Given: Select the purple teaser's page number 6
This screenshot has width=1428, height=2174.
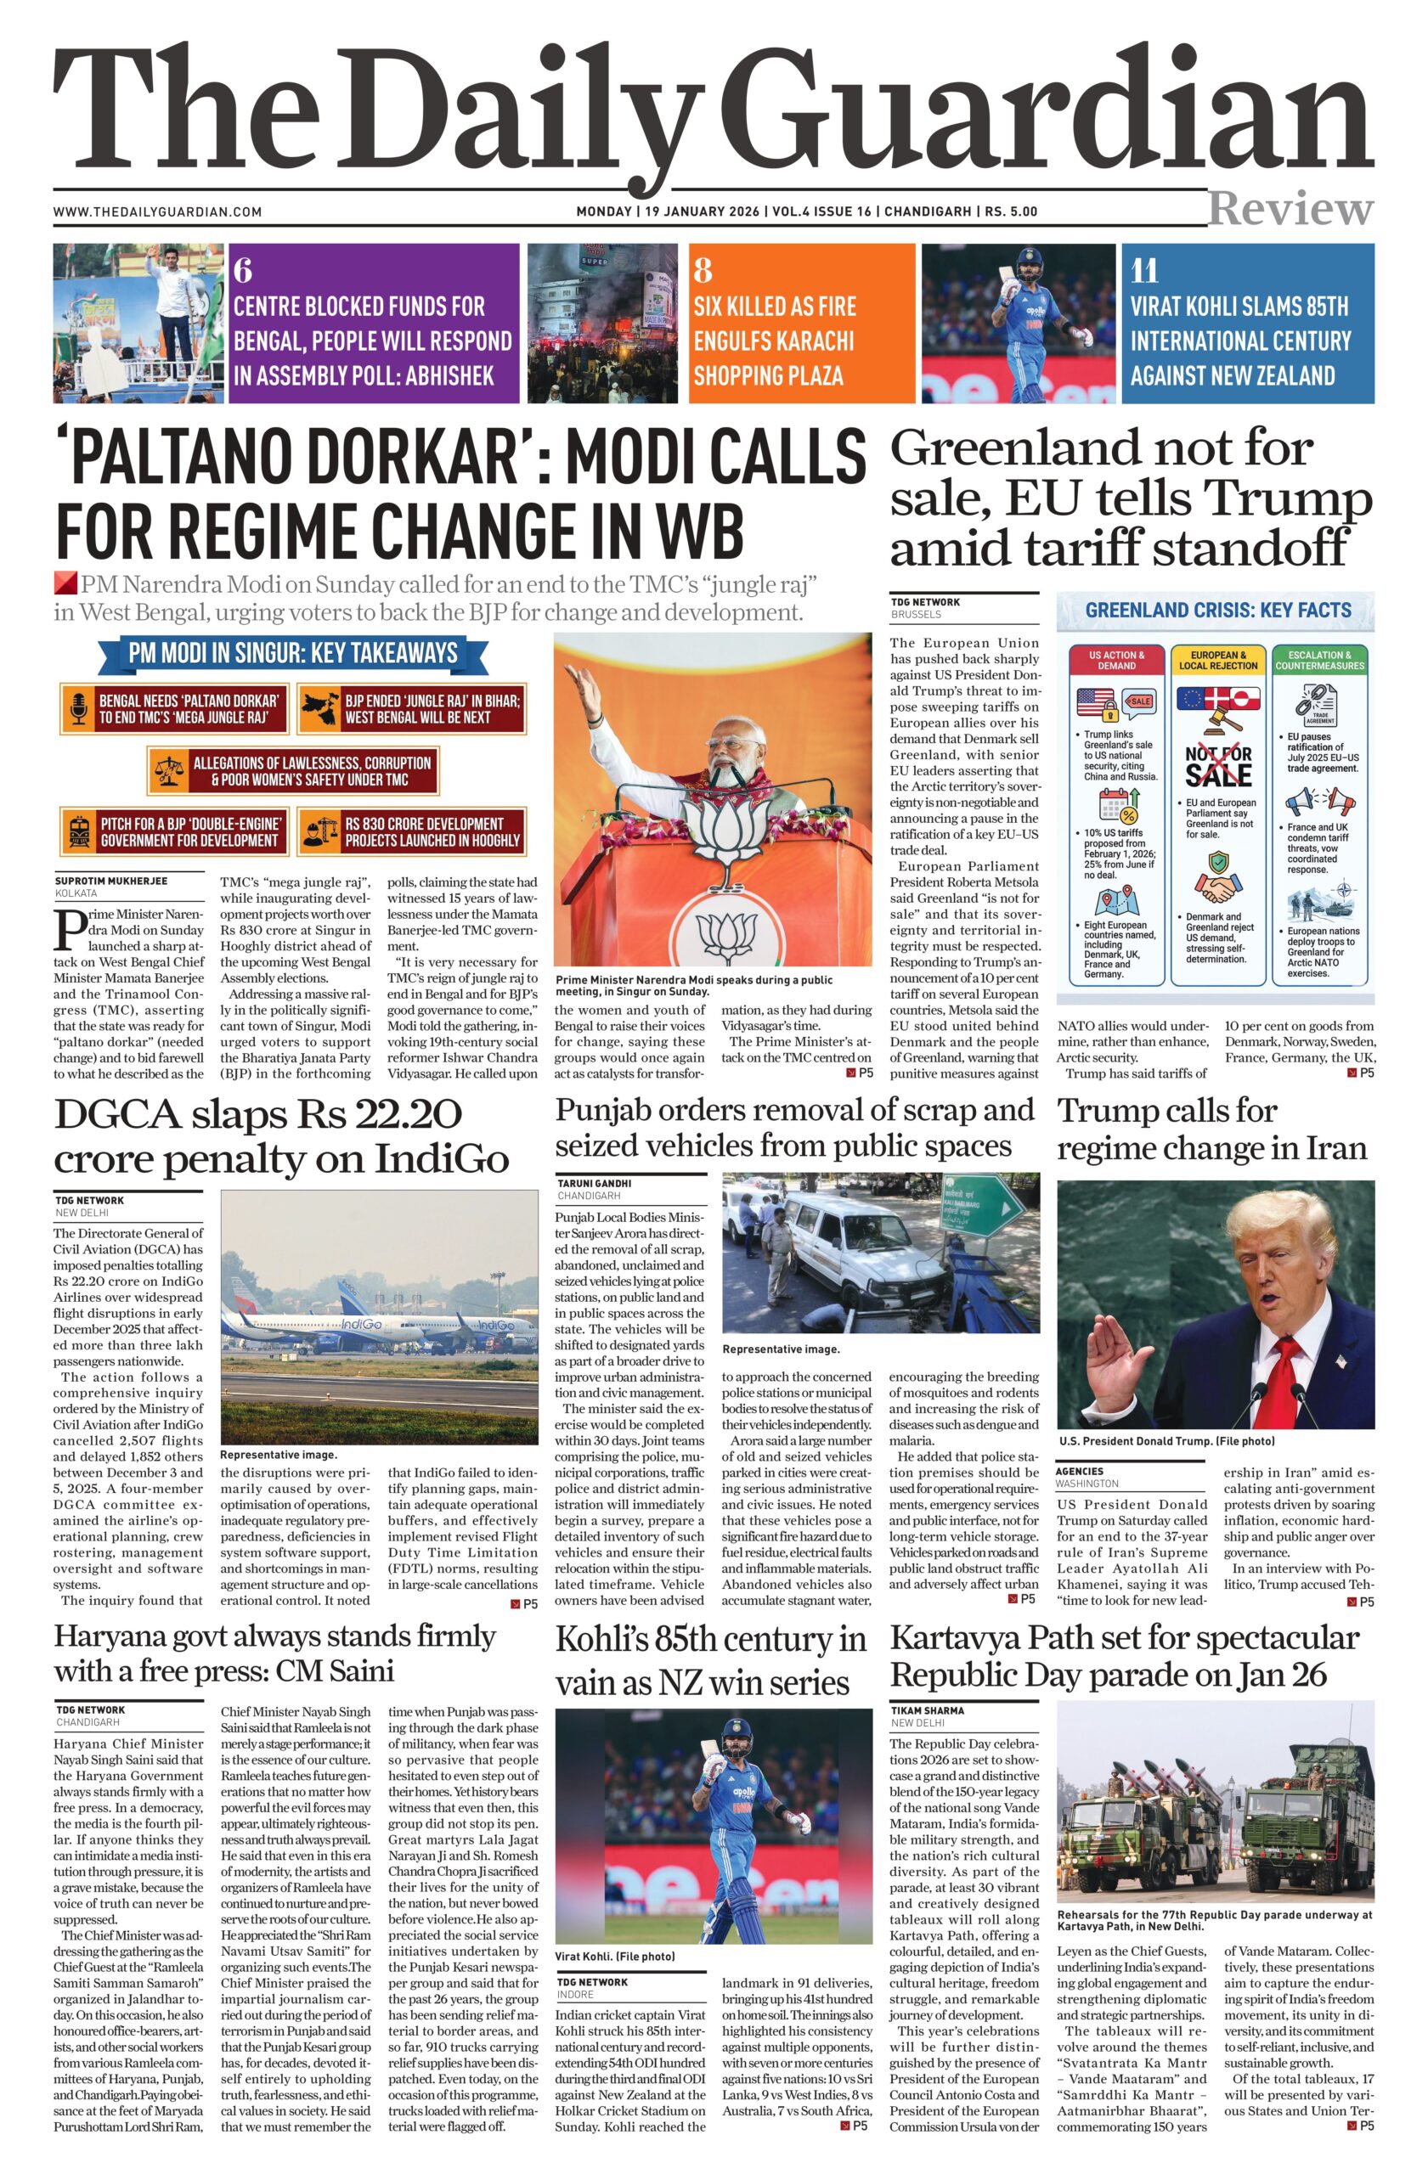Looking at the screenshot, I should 243,271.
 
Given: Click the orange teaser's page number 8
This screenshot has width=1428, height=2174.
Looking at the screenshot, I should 703,271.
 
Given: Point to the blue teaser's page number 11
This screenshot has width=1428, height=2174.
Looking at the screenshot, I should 1144,271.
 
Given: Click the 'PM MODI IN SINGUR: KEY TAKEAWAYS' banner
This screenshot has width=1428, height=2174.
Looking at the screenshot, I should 291,653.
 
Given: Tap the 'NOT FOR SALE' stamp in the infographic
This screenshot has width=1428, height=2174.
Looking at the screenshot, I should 1218,766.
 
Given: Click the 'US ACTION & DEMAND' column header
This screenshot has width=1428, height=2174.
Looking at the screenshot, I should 1116,661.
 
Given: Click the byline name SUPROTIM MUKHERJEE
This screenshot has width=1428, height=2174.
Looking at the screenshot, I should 110,881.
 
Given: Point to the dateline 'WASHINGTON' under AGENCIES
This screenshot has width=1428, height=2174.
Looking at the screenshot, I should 1087,1484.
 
